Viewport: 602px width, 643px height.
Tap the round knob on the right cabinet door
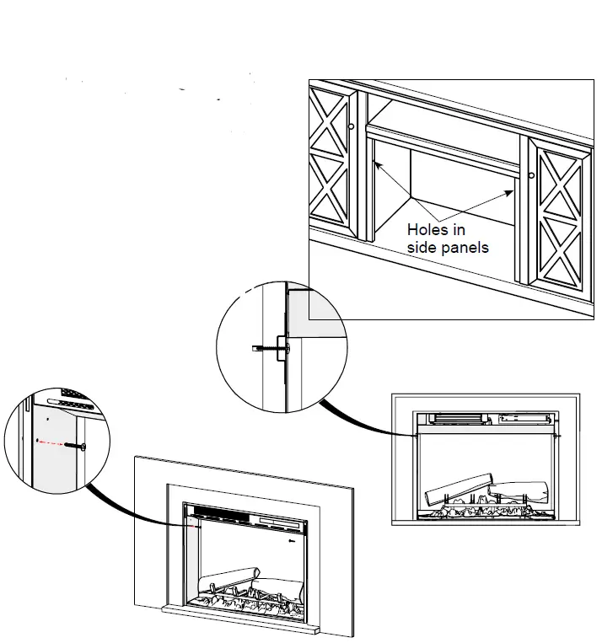coord(533,175)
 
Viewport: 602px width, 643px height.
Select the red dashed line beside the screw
coord(52,442)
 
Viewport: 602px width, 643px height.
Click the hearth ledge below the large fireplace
coord(240,627)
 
